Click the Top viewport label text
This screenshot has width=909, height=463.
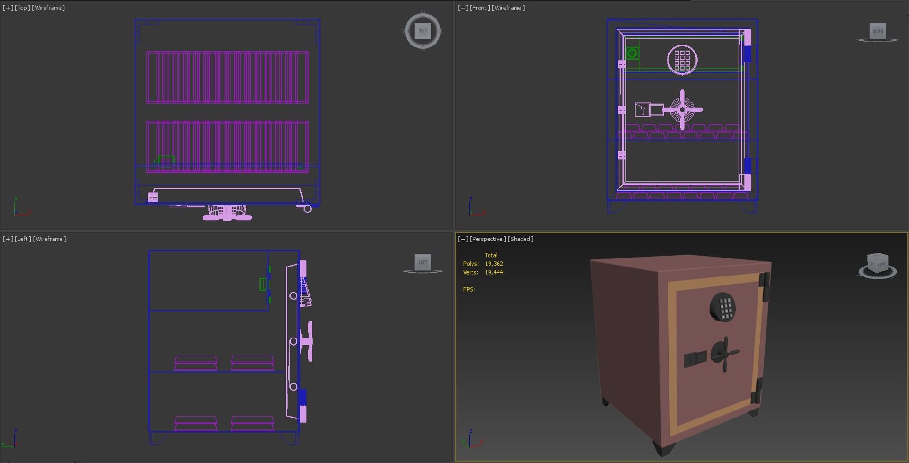(22, 8)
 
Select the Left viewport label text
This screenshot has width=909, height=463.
(23, 239)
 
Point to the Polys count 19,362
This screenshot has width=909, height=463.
(494, 264)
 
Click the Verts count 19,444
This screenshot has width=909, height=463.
(494, 272)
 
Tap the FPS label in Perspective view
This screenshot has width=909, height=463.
(469, 289)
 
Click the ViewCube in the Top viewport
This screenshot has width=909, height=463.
(423, 31)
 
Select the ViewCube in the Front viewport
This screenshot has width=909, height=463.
(878, 31)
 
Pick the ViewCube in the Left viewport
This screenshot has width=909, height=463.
(423, 262)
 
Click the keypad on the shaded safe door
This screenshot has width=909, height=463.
(723, 307)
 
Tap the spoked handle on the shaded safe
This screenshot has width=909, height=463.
(724, 354)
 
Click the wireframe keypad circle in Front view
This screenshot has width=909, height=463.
(682, 60)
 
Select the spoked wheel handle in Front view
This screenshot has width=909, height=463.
(682, 110)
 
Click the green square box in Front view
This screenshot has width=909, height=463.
(632, 53)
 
